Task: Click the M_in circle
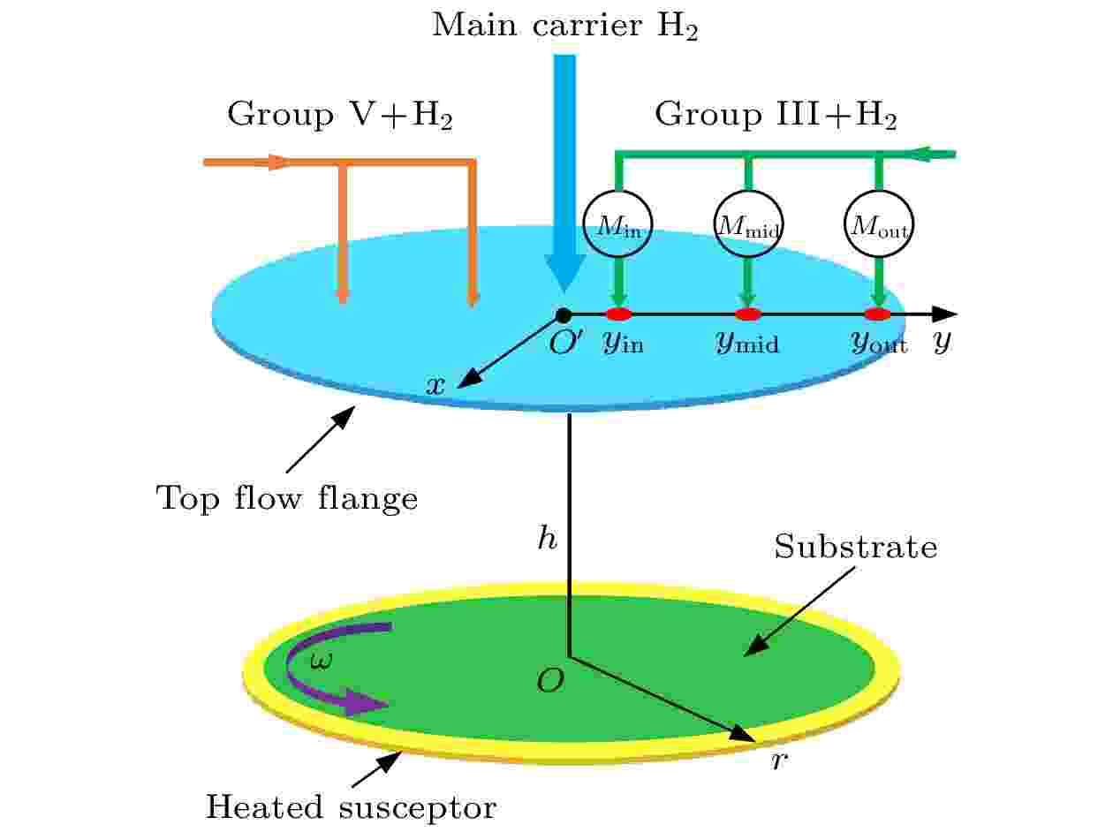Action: [x=617, y=223]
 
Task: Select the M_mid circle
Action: [x=748, y=223]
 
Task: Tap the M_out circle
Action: [x=879, y=223]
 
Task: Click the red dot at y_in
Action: [x=619, y=314]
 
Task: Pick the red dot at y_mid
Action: [x=748, y=314]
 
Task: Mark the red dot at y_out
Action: [x=878, y=314]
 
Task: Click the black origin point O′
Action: [x=564, y=315]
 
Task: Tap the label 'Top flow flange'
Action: [x=287, y=499]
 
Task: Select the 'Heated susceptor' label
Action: [x=351, y=806]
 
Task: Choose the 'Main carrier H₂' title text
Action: [x=564, y=26]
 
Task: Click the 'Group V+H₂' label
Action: [x=340, y=115]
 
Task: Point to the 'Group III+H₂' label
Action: [x=776, y=115]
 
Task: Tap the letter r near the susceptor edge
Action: [x=779, y=761]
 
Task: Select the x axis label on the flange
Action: [x=435, y=386]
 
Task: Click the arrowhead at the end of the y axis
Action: [x=944, y=314]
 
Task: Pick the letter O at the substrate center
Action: [x=550, y=680]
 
